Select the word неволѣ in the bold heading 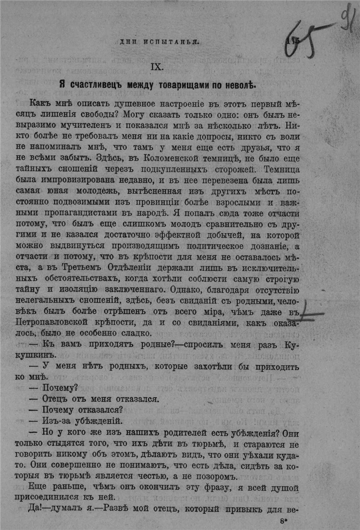[x=240, y=84]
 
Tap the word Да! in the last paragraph [x=39, y=509]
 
